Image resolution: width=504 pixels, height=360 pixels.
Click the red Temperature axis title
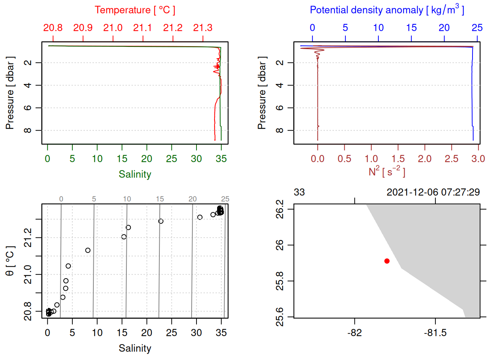[135, 10]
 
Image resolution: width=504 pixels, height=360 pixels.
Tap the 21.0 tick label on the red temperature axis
[113, 28]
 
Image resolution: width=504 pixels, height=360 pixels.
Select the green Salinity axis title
[135, 174]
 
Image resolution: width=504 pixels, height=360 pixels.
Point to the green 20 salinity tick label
[147, 159]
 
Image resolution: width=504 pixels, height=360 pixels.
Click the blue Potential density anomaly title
[387, 10]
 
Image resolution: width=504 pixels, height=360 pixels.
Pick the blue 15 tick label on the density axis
[411, 28]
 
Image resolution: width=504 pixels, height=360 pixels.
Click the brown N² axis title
[387, 172]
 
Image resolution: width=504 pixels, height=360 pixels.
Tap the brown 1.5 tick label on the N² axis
[398, 159]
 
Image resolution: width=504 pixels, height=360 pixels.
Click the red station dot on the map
[387, 261]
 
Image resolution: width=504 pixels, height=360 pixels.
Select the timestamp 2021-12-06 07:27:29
[433, 192]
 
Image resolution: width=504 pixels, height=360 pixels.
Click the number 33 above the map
[299, 192]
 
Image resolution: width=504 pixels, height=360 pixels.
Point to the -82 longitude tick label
[354, 333]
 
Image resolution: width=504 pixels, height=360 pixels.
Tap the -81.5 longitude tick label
[435, 333]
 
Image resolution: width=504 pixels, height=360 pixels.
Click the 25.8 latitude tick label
[280, 281]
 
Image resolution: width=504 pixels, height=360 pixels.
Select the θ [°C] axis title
[10, 261]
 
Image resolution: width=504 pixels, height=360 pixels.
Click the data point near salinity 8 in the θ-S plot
[88, 250]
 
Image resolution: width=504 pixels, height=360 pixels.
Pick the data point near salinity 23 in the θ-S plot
[161, 221]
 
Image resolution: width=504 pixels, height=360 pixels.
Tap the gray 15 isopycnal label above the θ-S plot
[160, 199]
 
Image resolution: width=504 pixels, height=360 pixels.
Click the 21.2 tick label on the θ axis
[28, 238]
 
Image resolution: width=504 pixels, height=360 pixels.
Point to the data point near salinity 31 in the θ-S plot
[200, 217]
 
